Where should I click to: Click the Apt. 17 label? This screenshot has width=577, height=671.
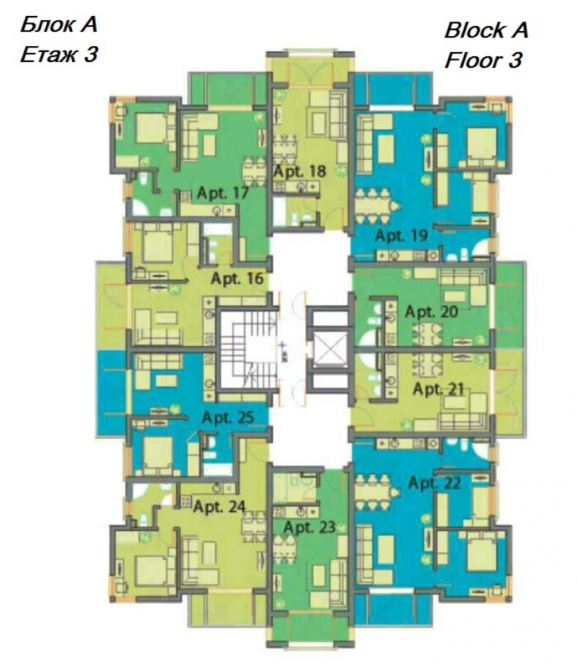pyautogui.click(x=222, y=193)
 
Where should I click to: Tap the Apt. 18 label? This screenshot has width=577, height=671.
pyautogui.click(x=299, y=172)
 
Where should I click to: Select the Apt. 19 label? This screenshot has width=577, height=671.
pyautogui.click(x=401, y=235)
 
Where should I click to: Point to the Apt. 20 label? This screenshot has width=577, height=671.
pyautogui.click(x=431, y=312)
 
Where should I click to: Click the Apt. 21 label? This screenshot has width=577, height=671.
pyautogui.click(x=439, y=389)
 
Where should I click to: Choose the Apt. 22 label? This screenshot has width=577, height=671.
pyautogui.click(x=435, y=483)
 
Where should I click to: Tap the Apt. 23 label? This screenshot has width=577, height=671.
pyautogui.click(x=309, y=527)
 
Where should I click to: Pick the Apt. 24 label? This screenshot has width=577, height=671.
pyautogui.click(x=219, y=506)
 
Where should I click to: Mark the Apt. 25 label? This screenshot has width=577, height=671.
pyautogui.click(x=228, y=417)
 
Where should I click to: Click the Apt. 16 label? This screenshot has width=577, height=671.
pyautogui.click(x=237, y=279)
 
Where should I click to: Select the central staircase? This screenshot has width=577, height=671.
pyautogui.click(x=249, y=350)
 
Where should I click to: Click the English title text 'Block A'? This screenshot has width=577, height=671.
pyautogui.click(x=486, y=30)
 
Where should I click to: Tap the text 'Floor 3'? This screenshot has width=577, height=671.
pyautogui.click(x=483, y=60)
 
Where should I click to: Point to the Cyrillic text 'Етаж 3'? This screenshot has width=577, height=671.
pyautogui.click(x=59, y=54)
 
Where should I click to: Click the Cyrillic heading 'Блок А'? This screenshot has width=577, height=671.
pyautogui.click(x=58, y=25)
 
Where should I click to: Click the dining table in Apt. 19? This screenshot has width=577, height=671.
pyautogui.click(x=373, y=206)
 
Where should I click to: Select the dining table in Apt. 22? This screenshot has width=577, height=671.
pyautogui.click(x=373, y=493)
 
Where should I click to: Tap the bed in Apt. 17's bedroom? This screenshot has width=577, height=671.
pyautogui.click(x=151, y=128)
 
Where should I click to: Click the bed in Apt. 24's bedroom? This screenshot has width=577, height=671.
pyautogui.click(x=151, y=571)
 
